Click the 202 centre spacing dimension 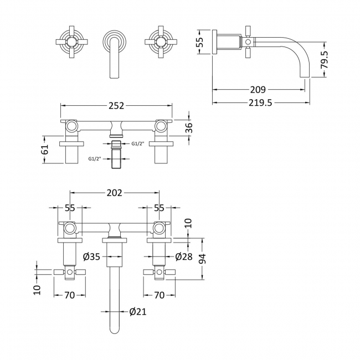tap(114, 194)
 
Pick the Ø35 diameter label tap(92, 256)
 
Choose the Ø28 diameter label tap(182, 256)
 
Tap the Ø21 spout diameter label tap(137, 312)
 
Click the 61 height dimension tap(47, 148)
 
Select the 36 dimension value tap(188, 127)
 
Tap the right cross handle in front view tap(157, 42)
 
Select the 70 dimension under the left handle tap(69, 295)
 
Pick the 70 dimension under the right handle tap(158, 295)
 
